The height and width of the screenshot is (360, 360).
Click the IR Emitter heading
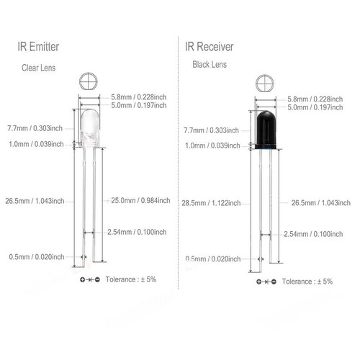(x=39, y=48)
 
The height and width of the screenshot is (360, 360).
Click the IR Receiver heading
(x=209, y=48)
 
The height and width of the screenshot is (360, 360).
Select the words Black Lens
(x=209, y=65)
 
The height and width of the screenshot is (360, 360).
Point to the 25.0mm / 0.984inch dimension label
(x=140, y=200)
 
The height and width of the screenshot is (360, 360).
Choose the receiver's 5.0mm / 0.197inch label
(x=318, y=107)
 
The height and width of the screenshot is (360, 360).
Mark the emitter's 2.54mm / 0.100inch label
(x=140, y=232)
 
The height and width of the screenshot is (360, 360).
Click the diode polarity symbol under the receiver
(x=264, y=282)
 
